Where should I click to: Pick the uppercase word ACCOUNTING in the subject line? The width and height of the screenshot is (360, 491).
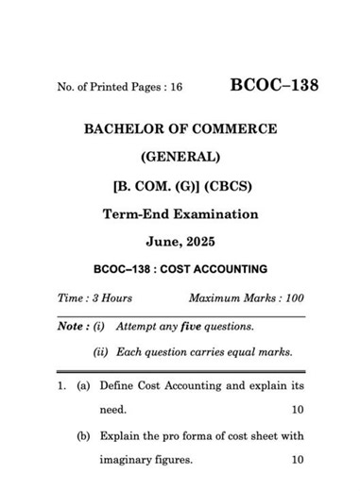(x=228, y=268)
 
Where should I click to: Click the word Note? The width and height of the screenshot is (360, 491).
(x=70, y=327)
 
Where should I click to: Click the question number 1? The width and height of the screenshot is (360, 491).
(x=60, y=388)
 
